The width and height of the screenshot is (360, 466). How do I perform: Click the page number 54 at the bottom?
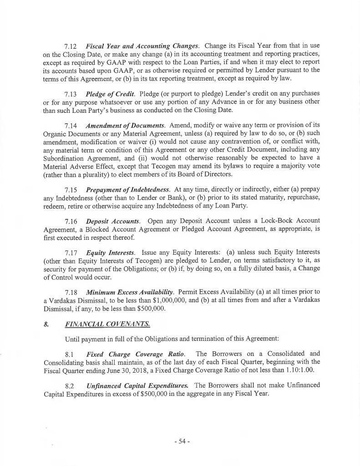pyautogui.click(x=181, y=443)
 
